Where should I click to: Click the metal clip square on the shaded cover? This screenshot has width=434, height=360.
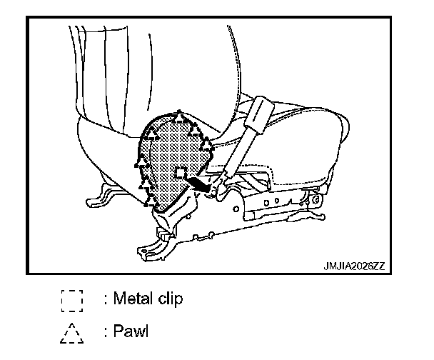(x=181, y=173)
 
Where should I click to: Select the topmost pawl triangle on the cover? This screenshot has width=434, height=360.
(x=181, y=116)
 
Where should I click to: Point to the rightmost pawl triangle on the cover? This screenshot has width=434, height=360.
(x=208, y=145)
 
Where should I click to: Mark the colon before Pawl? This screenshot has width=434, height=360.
(x=106, y=332)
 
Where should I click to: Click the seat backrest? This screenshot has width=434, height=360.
(x=143, y=71)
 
